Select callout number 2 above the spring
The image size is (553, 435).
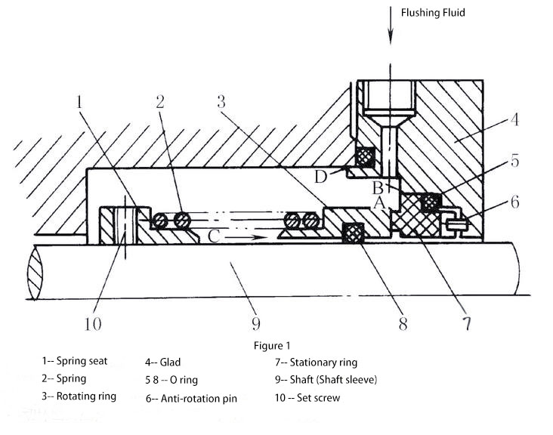point(160,103)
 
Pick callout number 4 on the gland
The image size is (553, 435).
point(514,120)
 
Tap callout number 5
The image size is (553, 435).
point(514,161)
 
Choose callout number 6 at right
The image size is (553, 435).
point(514,202)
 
